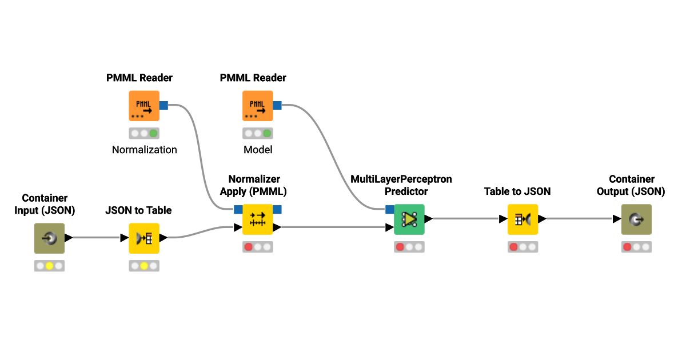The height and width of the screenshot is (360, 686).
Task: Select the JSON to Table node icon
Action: [143, 238]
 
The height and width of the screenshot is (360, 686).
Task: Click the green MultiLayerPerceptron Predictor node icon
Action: [409, 219]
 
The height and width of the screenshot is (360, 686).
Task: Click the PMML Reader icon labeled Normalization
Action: [143, 106]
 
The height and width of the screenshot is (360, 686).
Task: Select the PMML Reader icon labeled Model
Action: [257, 106]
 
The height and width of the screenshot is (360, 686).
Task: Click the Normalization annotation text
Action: [144, 150]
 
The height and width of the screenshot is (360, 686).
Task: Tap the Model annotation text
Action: [258, 150]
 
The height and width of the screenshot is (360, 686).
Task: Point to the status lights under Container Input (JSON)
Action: [49, 266]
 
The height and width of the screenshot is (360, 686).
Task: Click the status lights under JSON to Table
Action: [143, 266]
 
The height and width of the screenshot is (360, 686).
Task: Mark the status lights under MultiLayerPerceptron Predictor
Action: [409, 247]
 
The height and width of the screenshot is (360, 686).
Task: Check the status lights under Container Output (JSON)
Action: [636, 247]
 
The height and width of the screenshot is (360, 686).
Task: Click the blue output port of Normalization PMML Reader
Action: [163, 105]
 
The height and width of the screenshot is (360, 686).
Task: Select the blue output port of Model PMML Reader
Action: [277, 105]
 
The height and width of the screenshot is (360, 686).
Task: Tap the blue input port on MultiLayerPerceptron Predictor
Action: [390, 209]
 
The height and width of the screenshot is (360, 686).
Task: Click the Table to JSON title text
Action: [517, 191]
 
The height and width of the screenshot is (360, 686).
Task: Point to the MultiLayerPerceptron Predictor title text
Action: [401, 185]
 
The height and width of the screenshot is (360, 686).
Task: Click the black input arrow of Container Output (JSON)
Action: [616, 219]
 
